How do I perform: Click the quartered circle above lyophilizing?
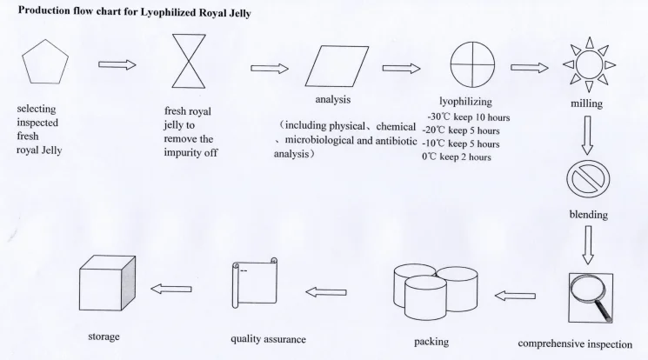coord(471,66)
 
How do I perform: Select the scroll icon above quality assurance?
coord(253,286)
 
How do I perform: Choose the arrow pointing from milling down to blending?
coord(587,131)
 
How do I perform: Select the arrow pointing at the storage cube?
coord(171,289)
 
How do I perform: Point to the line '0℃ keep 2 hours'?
coord(457,157)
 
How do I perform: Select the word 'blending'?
coord(588,214)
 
